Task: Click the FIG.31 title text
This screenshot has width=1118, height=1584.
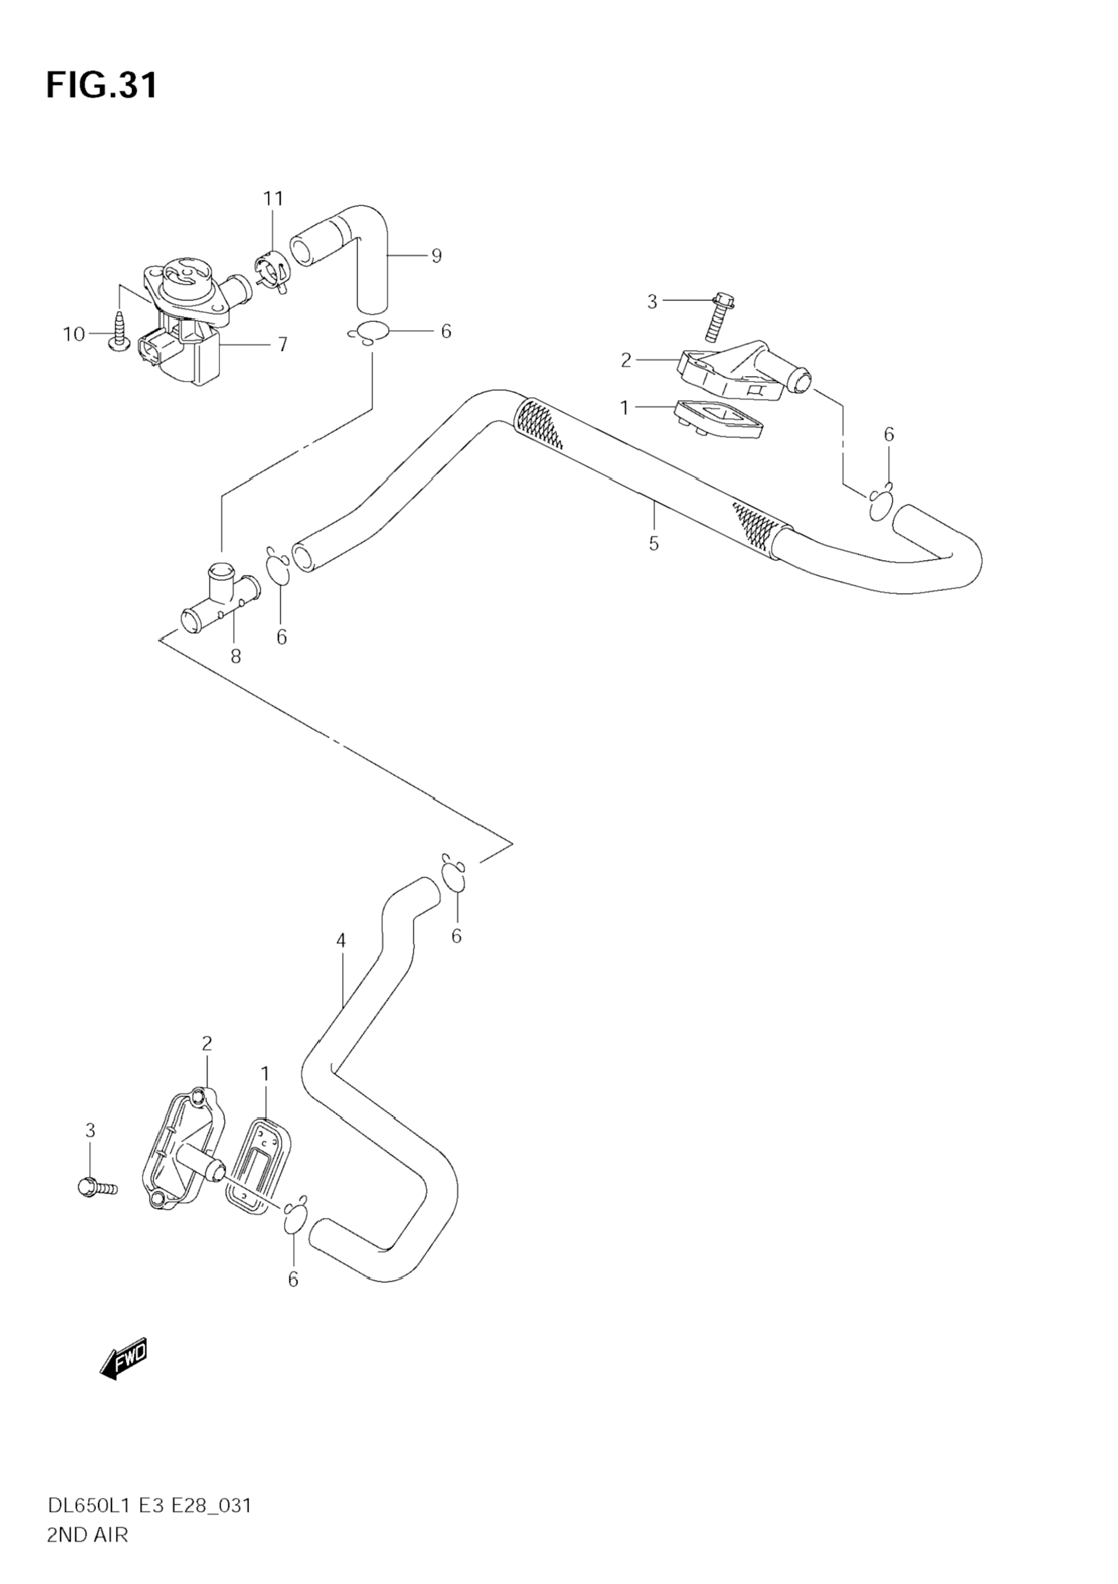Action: pos(102,85)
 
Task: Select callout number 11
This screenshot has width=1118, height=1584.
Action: pos(273,199)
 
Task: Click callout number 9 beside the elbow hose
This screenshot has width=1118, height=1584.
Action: pos(436,256)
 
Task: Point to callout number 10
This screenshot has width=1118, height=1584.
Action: pos(73,335)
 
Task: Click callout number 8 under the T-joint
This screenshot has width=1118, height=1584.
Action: pos(236,656)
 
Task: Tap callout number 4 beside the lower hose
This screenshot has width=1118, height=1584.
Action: pos(341,940)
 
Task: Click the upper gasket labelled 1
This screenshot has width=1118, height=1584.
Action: pos(718,419)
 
